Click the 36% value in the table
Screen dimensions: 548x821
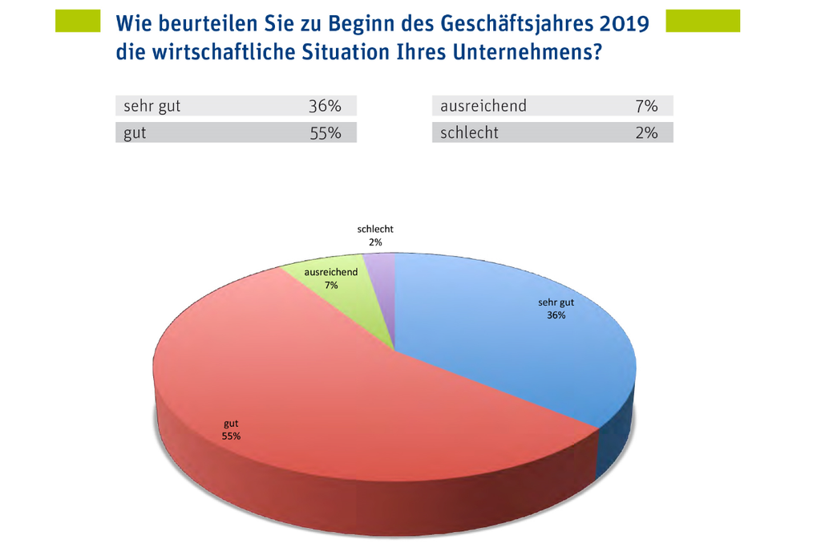point(325,106)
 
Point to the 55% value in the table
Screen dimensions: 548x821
point(325,133)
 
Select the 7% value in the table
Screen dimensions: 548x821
point(645,106)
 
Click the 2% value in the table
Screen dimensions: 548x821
point(645,133)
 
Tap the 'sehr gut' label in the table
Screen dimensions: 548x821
point(152,106)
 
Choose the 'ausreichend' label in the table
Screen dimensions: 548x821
point(483,106)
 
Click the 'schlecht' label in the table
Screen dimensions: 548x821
point(469,133)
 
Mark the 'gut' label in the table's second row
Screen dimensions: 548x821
point(135,133)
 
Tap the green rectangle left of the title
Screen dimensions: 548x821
point(77,21)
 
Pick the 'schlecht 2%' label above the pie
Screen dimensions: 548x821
point(375,235)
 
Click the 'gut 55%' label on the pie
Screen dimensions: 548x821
point(231,430)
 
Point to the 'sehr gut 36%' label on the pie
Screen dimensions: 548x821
point(556,309)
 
